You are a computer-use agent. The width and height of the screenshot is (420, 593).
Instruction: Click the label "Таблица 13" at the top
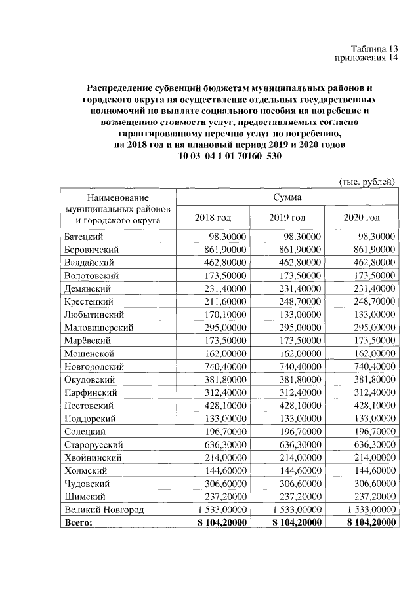[373, 48]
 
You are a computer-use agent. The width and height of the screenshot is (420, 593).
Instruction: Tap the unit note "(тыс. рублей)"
[366, 181]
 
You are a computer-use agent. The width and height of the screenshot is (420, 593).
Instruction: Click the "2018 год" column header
[213, 218]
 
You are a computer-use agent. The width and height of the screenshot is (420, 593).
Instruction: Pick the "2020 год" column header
[362, 218]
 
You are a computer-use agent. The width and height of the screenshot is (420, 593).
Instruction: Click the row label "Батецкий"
[85, 237]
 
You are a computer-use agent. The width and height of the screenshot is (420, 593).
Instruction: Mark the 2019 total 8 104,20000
[290, 522]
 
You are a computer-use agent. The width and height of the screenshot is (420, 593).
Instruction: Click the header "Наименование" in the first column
[117, 197]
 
